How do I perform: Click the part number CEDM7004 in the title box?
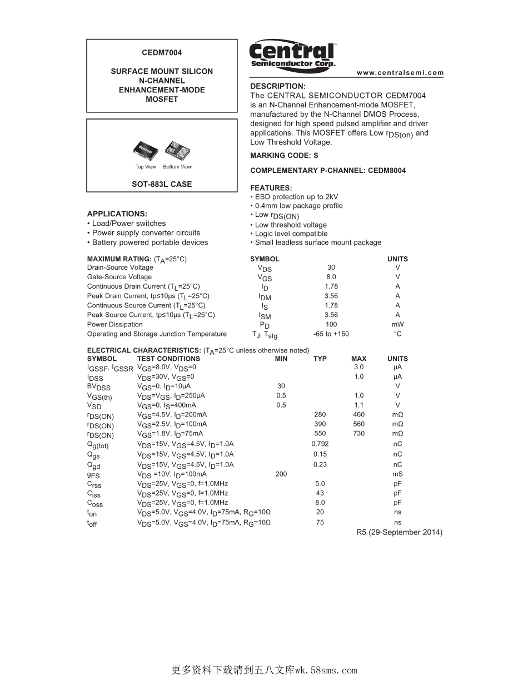coord(162,53)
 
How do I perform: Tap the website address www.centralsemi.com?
coord(400,73)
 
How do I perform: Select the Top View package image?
coord(146,150)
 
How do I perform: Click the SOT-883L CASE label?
coord(162,184)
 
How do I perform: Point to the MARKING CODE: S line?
coord(284,156)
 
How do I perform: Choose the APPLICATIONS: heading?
coord(117,214)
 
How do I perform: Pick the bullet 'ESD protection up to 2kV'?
coord(296,197)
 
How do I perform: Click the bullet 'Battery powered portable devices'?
coord(150,242)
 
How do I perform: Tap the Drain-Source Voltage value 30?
coord(331,267)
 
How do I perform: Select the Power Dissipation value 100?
coord(331,324)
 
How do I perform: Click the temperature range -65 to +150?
coord(331,334)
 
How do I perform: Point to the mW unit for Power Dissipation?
coord(397,324)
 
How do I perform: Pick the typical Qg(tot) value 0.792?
coord(320,444)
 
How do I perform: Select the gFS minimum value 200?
coord(281,474)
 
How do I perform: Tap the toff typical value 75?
coord(320,522)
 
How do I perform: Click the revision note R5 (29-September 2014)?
coord(399,532)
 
